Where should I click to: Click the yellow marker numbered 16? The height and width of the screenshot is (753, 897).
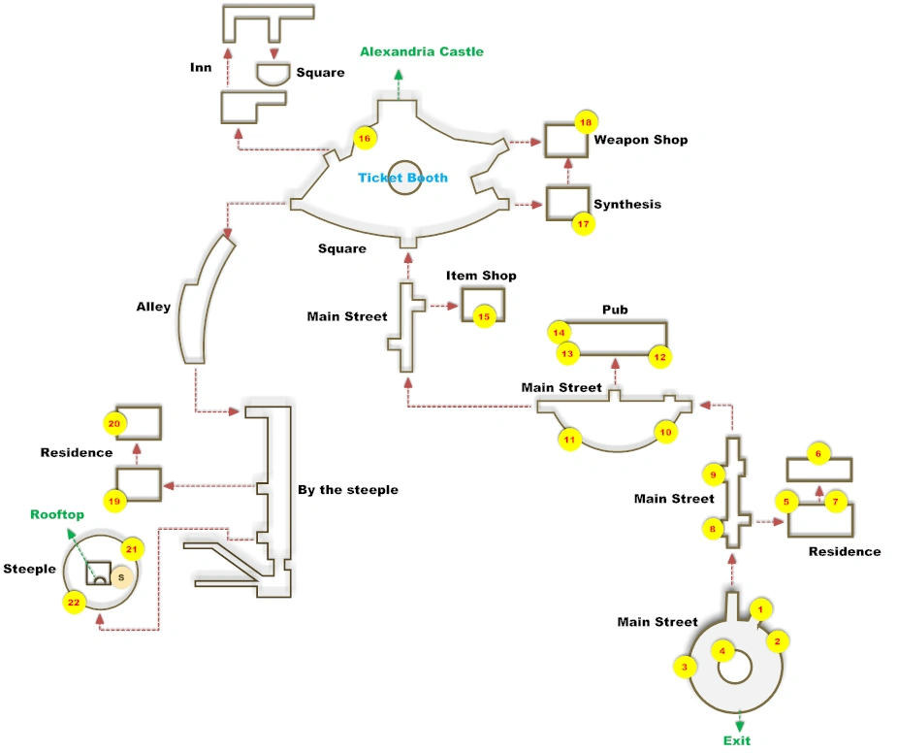click(365, 138)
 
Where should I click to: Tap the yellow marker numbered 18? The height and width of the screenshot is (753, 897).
click(585, 123)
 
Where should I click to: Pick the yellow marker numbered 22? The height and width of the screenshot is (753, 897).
click(74, 603)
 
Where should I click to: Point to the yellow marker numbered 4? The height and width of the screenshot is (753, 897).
click(721, 651)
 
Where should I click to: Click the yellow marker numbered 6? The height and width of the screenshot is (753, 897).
click(817, 453)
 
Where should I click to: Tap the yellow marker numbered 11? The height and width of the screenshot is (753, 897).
click(569, 440)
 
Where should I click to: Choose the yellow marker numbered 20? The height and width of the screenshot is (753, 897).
click(114, 423)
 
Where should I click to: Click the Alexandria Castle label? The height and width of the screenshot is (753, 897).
click(421, 51)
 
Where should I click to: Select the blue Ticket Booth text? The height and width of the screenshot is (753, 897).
click(402, 178)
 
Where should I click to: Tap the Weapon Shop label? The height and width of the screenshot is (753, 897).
click(640, 140)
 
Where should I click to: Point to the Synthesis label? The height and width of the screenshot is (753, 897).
click(627, 204)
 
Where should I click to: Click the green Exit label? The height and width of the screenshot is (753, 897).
click(737, 740)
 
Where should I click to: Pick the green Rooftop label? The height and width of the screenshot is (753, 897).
click(57, 514)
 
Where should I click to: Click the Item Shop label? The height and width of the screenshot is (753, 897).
click(481, 276)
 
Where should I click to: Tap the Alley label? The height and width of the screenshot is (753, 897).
click(153, 307)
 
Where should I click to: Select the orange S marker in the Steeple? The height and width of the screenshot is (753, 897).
click(120, 577)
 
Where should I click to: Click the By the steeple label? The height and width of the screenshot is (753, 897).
click(348, 489)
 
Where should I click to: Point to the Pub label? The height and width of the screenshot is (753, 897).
click(615, 310)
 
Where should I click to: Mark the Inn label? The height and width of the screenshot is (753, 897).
click(201, 68)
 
